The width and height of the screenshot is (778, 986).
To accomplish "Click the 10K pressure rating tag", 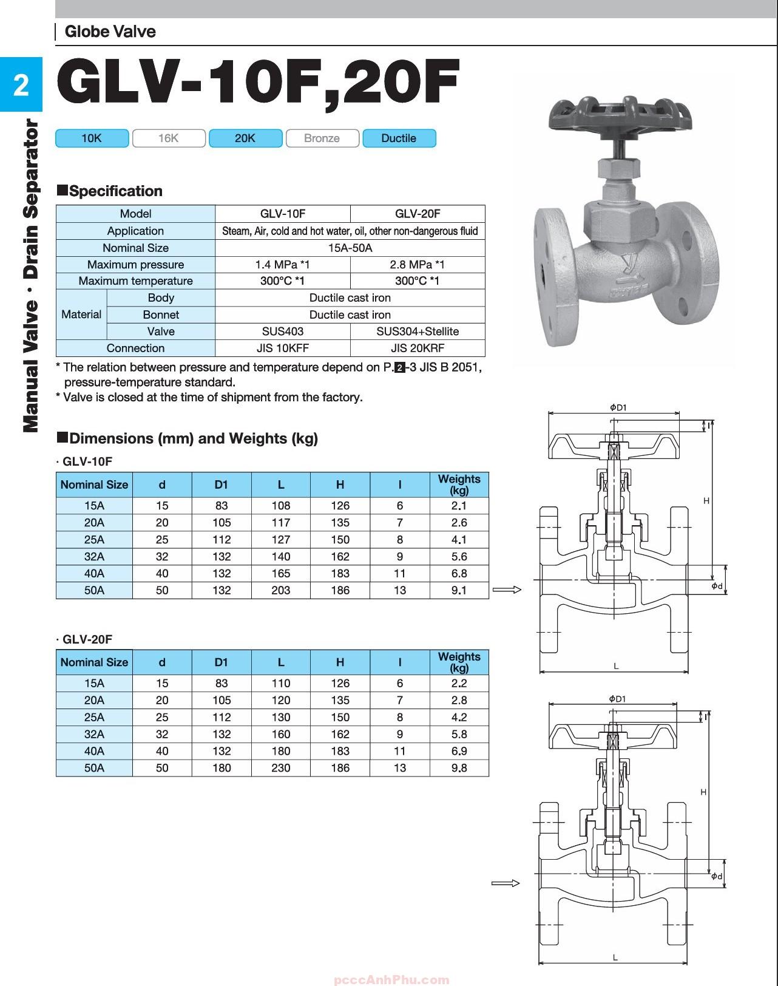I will pos(92,138).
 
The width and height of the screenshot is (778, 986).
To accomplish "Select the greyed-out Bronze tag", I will pos(322,138).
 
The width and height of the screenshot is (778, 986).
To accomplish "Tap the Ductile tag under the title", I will pos(399,138).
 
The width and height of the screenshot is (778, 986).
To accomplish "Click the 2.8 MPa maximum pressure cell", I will pos(418,265).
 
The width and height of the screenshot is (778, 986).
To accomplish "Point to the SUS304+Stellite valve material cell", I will pos(418,331).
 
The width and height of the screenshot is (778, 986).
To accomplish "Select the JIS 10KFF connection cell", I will pos(283,348).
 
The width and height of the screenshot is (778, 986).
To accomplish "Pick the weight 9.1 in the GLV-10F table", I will pos(459,590).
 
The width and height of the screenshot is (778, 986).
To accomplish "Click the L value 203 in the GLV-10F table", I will pos(280,590).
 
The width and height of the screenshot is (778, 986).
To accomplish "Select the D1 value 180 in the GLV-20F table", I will pos(222,768).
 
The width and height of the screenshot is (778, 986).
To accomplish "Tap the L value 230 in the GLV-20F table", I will pos(280,768).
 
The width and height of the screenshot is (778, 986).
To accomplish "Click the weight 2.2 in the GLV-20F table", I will pos(459,683).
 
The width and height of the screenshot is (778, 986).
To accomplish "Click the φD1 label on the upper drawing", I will pos(617,407).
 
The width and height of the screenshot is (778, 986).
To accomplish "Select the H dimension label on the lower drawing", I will pos(703,792).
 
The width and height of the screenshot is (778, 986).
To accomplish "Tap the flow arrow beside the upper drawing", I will pos(507,590).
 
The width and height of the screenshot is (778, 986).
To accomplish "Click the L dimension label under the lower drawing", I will pos(615,957).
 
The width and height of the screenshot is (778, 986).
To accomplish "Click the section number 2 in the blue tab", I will pos(21,85).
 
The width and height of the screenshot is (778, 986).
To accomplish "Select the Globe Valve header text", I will pos(110,32).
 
